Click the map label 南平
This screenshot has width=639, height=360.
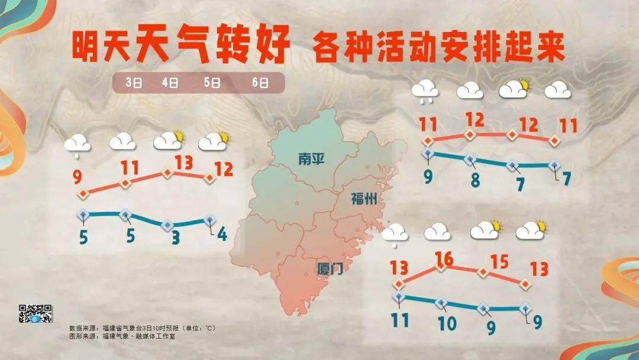pyautogui.click(x=311, y=159)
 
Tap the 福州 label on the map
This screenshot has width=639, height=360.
pyautogui.click(x=363, y=198)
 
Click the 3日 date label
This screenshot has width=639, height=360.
pyautogui.click(x=133, y=83)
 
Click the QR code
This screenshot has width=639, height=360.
pyautogui.click(x=35, y=313)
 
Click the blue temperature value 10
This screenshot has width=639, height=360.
pyautogui.click(x=447, y=323)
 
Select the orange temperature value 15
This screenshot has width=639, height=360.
pyautogui.click(x=501, y=261)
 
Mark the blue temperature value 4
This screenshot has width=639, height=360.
pyautogui.click(x=221, y=234)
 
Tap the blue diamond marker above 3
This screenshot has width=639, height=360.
pyautogui.click(x=167, y=225)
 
